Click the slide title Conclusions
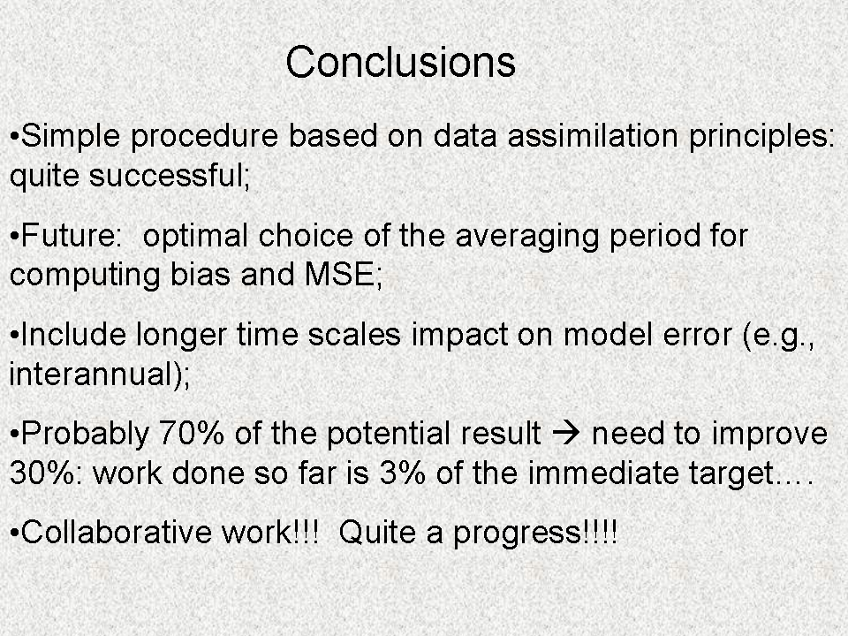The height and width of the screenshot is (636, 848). pos(400,62)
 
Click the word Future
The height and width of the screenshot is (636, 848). pos(68,235)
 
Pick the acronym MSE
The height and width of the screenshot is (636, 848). pos(339,274)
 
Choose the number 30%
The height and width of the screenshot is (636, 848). pos(42,473)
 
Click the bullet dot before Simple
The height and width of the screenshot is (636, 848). pos(15,135)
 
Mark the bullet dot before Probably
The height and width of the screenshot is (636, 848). pos(15,434)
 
